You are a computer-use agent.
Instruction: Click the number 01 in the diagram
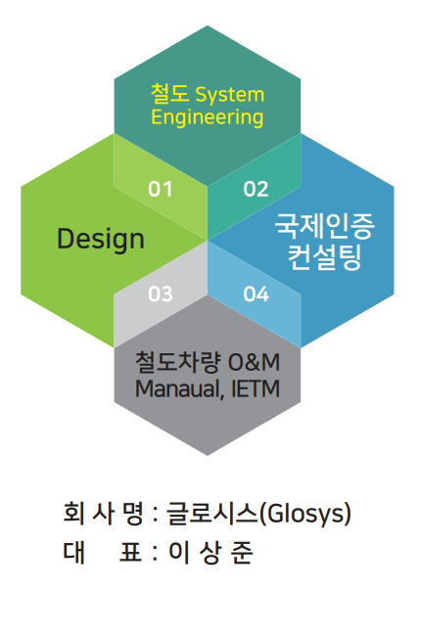coord(161,189)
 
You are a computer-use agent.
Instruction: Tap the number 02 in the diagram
coord(256,189)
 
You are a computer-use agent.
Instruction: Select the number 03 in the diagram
coord(161,294)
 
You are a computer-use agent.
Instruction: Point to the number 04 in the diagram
coord(257,294)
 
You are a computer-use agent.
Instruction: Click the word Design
coord(101,240)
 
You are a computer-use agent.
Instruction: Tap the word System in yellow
coord(229,95)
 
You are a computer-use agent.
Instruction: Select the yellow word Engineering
coord(208,118)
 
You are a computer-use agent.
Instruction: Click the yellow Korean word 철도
coord(169,94)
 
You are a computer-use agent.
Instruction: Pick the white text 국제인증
coord(325,226)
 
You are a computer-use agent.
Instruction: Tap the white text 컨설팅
coord(324,257)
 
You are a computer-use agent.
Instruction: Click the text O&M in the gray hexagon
coord(254,362)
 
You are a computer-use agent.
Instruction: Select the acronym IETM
coord(256,388)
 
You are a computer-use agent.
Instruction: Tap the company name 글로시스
coord(211,514)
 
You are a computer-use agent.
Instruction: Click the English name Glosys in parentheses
coord(304,515)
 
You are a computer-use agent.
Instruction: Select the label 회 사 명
coord(103,514)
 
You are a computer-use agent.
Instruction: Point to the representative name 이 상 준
coord(210,553)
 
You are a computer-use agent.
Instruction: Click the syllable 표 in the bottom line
coord(130,552)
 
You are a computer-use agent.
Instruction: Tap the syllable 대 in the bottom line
coord(73,552)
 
